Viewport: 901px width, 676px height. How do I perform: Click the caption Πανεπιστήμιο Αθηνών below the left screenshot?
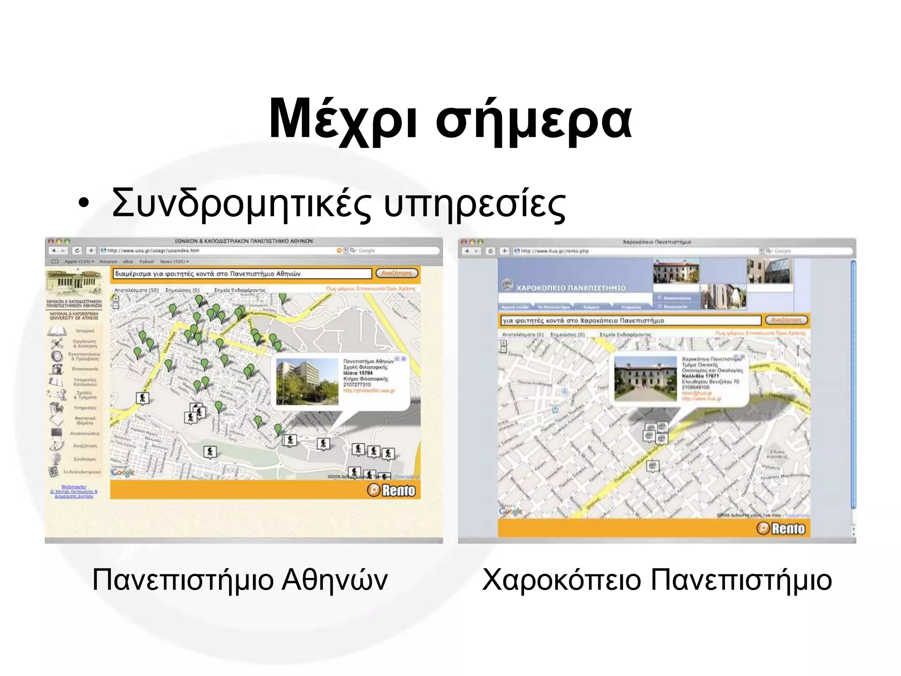tap(240, 580)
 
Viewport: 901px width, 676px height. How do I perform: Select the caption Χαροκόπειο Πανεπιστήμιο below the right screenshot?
tap(657, 580)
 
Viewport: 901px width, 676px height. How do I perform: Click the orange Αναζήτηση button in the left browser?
tap(396, 273)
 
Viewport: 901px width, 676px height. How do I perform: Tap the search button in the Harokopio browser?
tap(786, 320)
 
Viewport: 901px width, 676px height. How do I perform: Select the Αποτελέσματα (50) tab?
tap(136, 290)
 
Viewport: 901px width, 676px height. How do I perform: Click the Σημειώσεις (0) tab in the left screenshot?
tap(182, 290)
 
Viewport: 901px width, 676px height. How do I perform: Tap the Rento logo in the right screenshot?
tap(781, 529)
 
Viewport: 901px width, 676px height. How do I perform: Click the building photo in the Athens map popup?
tap(307, 382)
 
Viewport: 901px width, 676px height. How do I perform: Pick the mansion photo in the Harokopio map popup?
tap(645, 378)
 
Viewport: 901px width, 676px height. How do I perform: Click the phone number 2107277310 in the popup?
tap(357, 385)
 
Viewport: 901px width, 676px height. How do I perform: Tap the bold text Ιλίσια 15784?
tap(358, 373)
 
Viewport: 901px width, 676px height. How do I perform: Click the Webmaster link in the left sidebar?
tap(74, 487)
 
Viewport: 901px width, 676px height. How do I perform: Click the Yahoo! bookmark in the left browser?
tap(147, 262)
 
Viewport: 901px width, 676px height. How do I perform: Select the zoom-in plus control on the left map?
tap(116, 298)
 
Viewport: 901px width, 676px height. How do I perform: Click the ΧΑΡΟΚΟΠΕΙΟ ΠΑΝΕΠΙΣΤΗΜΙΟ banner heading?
tap(571, 288)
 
